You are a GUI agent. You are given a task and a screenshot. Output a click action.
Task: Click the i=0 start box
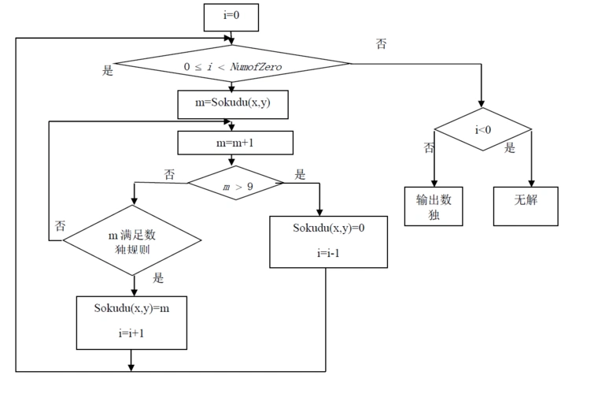point(231,17)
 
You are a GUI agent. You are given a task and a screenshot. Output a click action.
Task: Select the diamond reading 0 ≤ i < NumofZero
point(232,67)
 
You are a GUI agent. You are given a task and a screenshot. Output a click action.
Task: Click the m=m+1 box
point(235,143)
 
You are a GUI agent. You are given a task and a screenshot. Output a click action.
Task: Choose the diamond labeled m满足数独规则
point(133,243)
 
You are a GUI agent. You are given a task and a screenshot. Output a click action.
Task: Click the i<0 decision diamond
point(483,130)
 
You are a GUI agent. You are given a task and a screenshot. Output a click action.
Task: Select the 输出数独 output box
point(434,206)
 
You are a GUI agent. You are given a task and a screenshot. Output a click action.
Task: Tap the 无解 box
point(526,201)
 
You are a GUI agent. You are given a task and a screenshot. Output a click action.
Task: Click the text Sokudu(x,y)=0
point(328,228)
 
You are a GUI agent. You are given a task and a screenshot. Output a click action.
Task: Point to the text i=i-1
point(328,252)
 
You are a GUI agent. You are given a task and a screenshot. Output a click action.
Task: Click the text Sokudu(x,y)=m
point(132,308)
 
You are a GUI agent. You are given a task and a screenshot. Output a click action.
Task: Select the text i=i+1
point(131,333)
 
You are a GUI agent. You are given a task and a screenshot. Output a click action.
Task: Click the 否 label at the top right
point(381,44)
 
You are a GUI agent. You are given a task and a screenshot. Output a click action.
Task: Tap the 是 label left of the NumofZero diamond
point(108,70)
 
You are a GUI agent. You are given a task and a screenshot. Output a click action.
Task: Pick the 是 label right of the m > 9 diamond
point(300,173)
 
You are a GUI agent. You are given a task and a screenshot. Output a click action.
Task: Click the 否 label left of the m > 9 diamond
point(169,173)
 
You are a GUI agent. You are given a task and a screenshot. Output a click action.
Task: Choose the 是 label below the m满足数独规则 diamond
point(157,277)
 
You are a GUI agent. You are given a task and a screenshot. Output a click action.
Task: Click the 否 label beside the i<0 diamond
point(429,148)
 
